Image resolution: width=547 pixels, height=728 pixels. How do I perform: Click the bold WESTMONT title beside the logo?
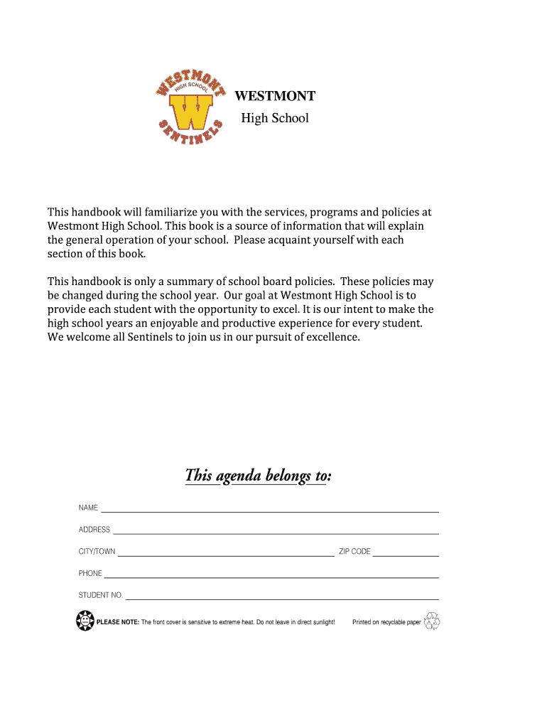(x=275, y=96)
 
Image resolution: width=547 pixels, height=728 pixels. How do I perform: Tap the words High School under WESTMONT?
(x=275, y=118)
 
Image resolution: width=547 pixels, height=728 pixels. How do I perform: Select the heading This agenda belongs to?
(x=258, y=475)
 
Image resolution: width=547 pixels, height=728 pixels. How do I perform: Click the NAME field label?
(x=88, y=508)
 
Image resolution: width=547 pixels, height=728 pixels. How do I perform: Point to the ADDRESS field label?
(x=94, y=530)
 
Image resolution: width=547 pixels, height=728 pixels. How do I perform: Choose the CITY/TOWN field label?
(x=97, y=552)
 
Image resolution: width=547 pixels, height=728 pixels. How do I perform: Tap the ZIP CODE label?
(x=354, y=552)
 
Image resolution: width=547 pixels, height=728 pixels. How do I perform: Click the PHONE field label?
(x=90, y=573)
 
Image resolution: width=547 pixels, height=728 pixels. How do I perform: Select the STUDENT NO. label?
(x=100, y=595)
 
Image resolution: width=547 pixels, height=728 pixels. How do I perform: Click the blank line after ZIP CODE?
(x=406, y=555)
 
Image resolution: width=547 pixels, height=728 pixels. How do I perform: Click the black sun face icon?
(x=85, y=621)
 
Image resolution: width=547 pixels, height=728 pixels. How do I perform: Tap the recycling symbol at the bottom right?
(x=432, y=621)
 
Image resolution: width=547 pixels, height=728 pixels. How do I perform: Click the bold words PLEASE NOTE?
(x=118, y=623)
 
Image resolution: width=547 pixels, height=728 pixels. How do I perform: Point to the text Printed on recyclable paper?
(x=386, y=623)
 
